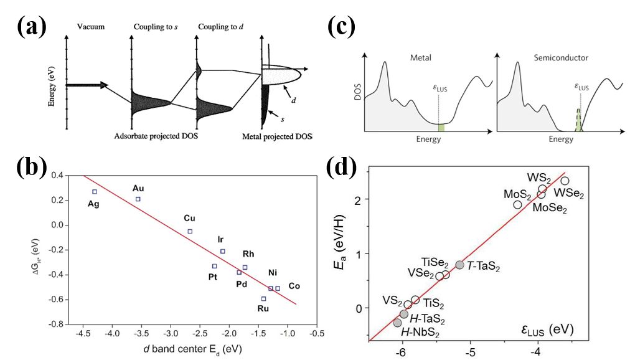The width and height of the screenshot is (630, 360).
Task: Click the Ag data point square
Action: [x=95, y=192]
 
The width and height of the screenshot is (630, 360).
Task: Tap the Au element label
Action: [x=138, y=188]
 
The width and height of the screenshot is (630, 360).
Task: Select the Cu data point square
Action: [x=190, y=231]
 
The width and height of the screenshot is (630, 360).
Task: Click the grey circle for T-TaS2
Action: [x=460, y=265]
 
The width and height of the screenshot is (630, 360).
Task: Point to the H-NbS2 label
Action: [x=420, y=333]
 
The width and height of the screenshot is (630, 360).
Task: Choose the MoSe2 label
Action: [x=550, y=209]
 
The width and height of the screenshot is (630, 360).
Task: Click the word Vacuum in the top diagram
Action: [x=92, y=27]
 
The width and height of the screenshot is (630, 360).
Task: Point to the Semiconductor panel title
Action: [x=561, y=58]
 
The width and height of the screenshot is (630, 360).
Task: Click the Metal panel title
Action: [x=420, y=58]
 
